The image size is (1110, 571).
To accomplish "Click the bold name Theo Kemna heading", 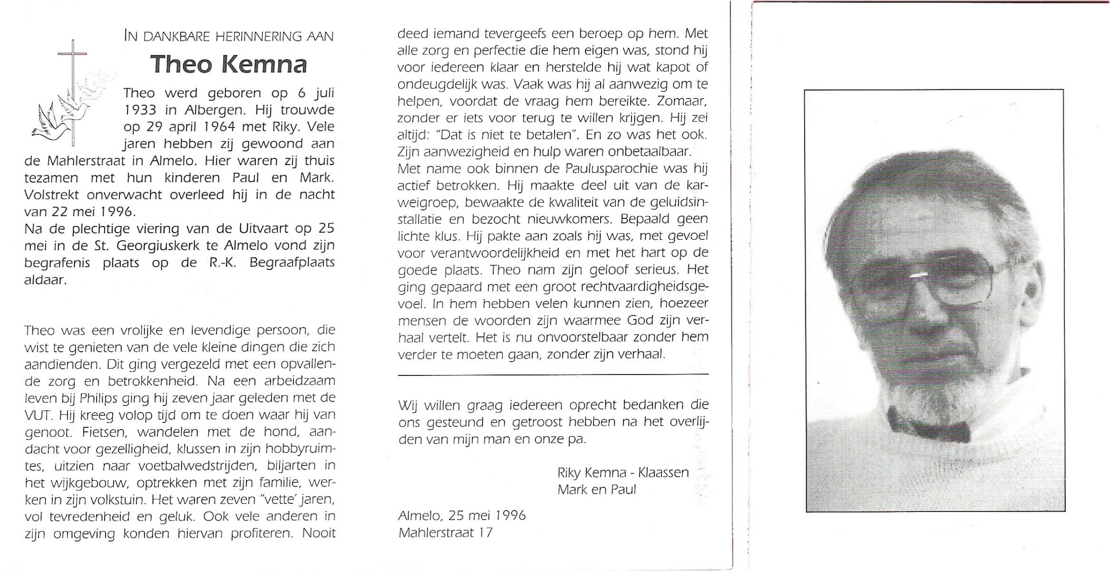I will [229, 64].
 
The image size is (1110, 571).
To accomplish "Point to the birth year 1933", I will [140, 110].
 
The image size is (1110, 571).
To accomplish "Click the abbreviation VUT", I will [37, 415].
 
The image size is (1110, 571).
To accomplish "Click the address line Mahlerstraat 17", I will [445, 532].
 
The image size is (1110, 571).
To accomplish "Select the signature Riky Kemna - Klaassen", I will [623, 473].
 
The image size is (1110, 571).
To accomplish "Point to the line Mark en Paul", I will [596, 489].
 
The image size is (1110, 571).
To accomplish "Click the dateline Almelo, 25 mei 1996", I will [462, 515].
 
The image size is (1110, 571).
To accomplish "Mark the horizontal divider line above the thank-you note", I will [553, 375].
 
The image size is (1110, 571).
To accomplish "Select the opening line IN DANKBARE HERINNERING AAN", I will [229, 36].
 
